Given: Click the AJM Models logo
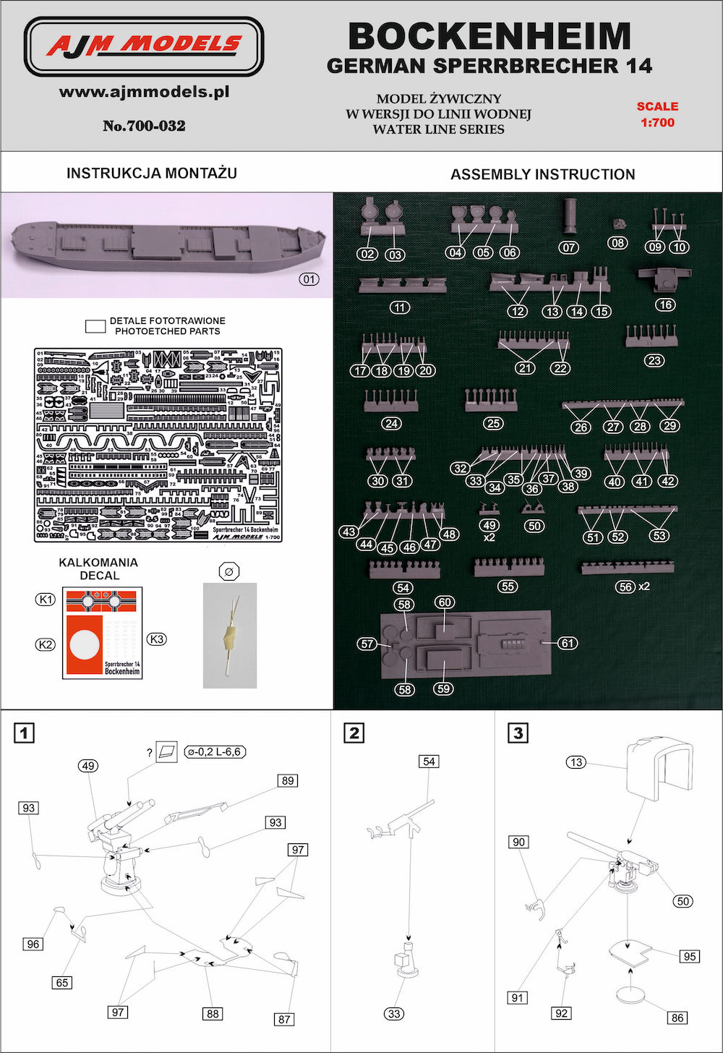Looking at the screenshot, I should click(144, 46).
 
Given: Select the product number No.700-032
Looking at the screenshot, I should click(144, 126).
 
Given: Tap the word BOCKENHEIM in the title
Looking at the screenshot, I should click(489, 35).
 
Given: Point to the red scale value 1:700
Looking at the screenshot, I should click(657, 122).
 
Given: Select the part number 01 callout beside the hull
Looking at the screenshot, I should click(308, 279).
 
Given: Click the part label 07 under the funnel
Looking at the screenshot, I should click(569, 247).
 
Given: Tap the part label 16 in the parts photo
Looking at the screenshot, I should click(665, 304).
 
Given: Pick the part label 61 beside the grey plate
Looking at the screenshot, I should click(568, 643).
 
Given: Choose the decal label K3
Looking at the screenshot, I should click(156, 639).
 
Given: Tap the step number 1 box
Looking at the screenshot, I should click(25, 733).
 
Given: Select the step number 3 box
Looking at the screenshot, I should click(518, 733).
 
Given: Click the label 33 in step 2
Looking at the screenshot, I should click(394, 1013).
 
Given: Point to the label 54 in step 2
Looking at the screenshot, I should click(429, 762).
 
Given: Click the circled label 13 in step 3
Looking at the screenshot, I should click(576, 762).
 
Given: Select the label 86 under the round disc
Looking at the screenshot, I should click(677, 1018).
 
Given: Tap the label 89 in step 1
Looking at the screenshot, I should click(288, 780).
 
